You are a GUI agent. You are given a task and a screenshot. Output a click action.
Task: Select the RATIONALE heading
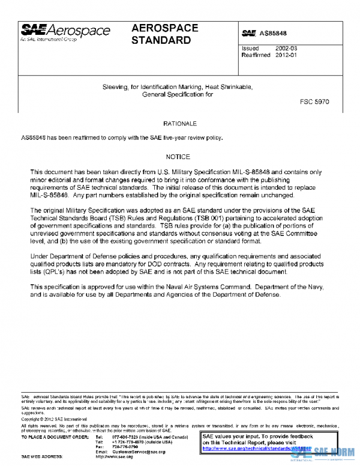tap(180, 124)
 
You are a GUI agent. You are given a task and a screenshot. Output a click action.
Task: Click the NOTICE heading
tap(178, 157)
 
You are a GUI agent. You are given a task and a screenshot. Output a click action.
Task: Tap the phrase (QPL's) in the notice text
tap(49, 272)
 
